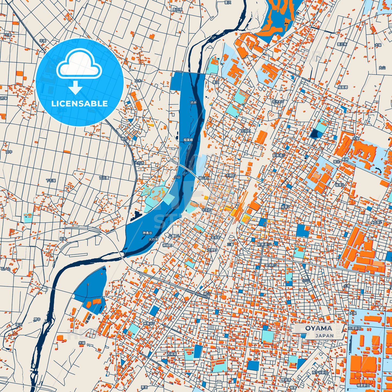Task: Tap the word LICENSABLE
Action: (x=79, y=103)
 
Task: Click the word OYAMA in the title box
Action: (x=318, y=328)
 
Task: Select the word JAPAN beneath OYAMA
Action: (x=324, y=336)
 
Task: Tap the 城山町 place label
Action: (x=203, y=178)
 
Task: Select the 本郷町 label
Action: (x=231, y=176)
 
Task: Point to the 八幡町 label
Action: (x=174, y=236)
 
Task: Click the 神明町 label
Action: (x=167, y=245)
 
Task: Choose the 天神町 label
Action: (x=212, y=250)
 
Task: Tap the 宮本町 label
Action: (x=216, y=238)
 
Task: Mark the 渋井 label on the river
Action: (x=193, y=103)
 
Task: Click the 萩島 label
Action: (x=63, y=239)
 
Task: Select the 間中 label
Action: (x=37, y=319)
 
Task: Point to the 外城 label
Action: (x=82, y=343)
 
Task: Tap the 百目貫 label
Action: (x=104, y=178)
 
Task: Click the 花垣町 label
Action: (x=246, y=131)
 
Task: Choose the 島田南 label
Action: (x=177, y=9)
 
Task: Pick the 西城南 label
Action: (x=172, y=354)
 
